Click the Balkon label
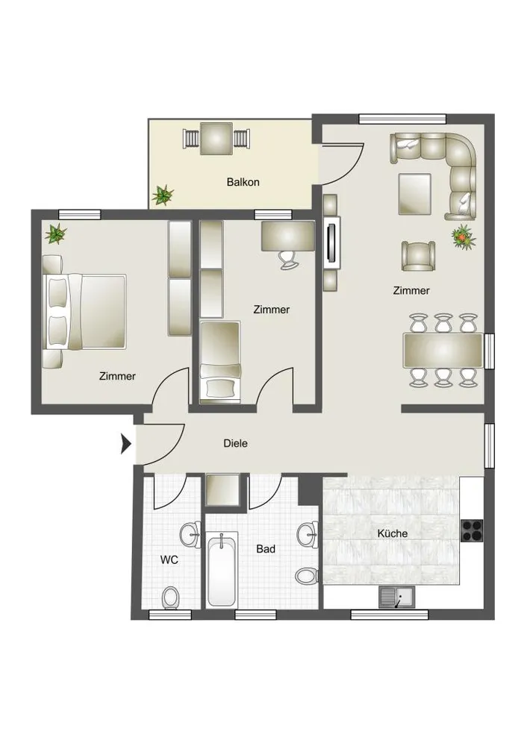point(243,182)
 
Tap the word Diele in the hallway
point(235,443)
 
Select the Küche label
point(393,533)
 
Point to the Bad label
point(266,548)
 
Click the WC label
point(169,559)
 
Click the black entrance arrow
point(125,444)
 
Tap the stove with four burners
point(472,530)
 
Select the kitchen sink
point(397,597)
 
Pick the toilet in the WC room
point(170,598)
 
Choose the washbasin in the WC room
point(191,535)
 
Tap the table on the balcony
point(216,139)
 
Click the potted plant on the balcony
point(163,195)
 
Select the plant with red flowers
point(464,236)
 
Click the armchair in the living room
point(419,256)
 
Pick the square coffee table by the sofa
point(414,194)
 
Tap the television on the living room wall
point(333,241)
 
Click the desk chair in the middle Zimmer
point(288,260)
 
